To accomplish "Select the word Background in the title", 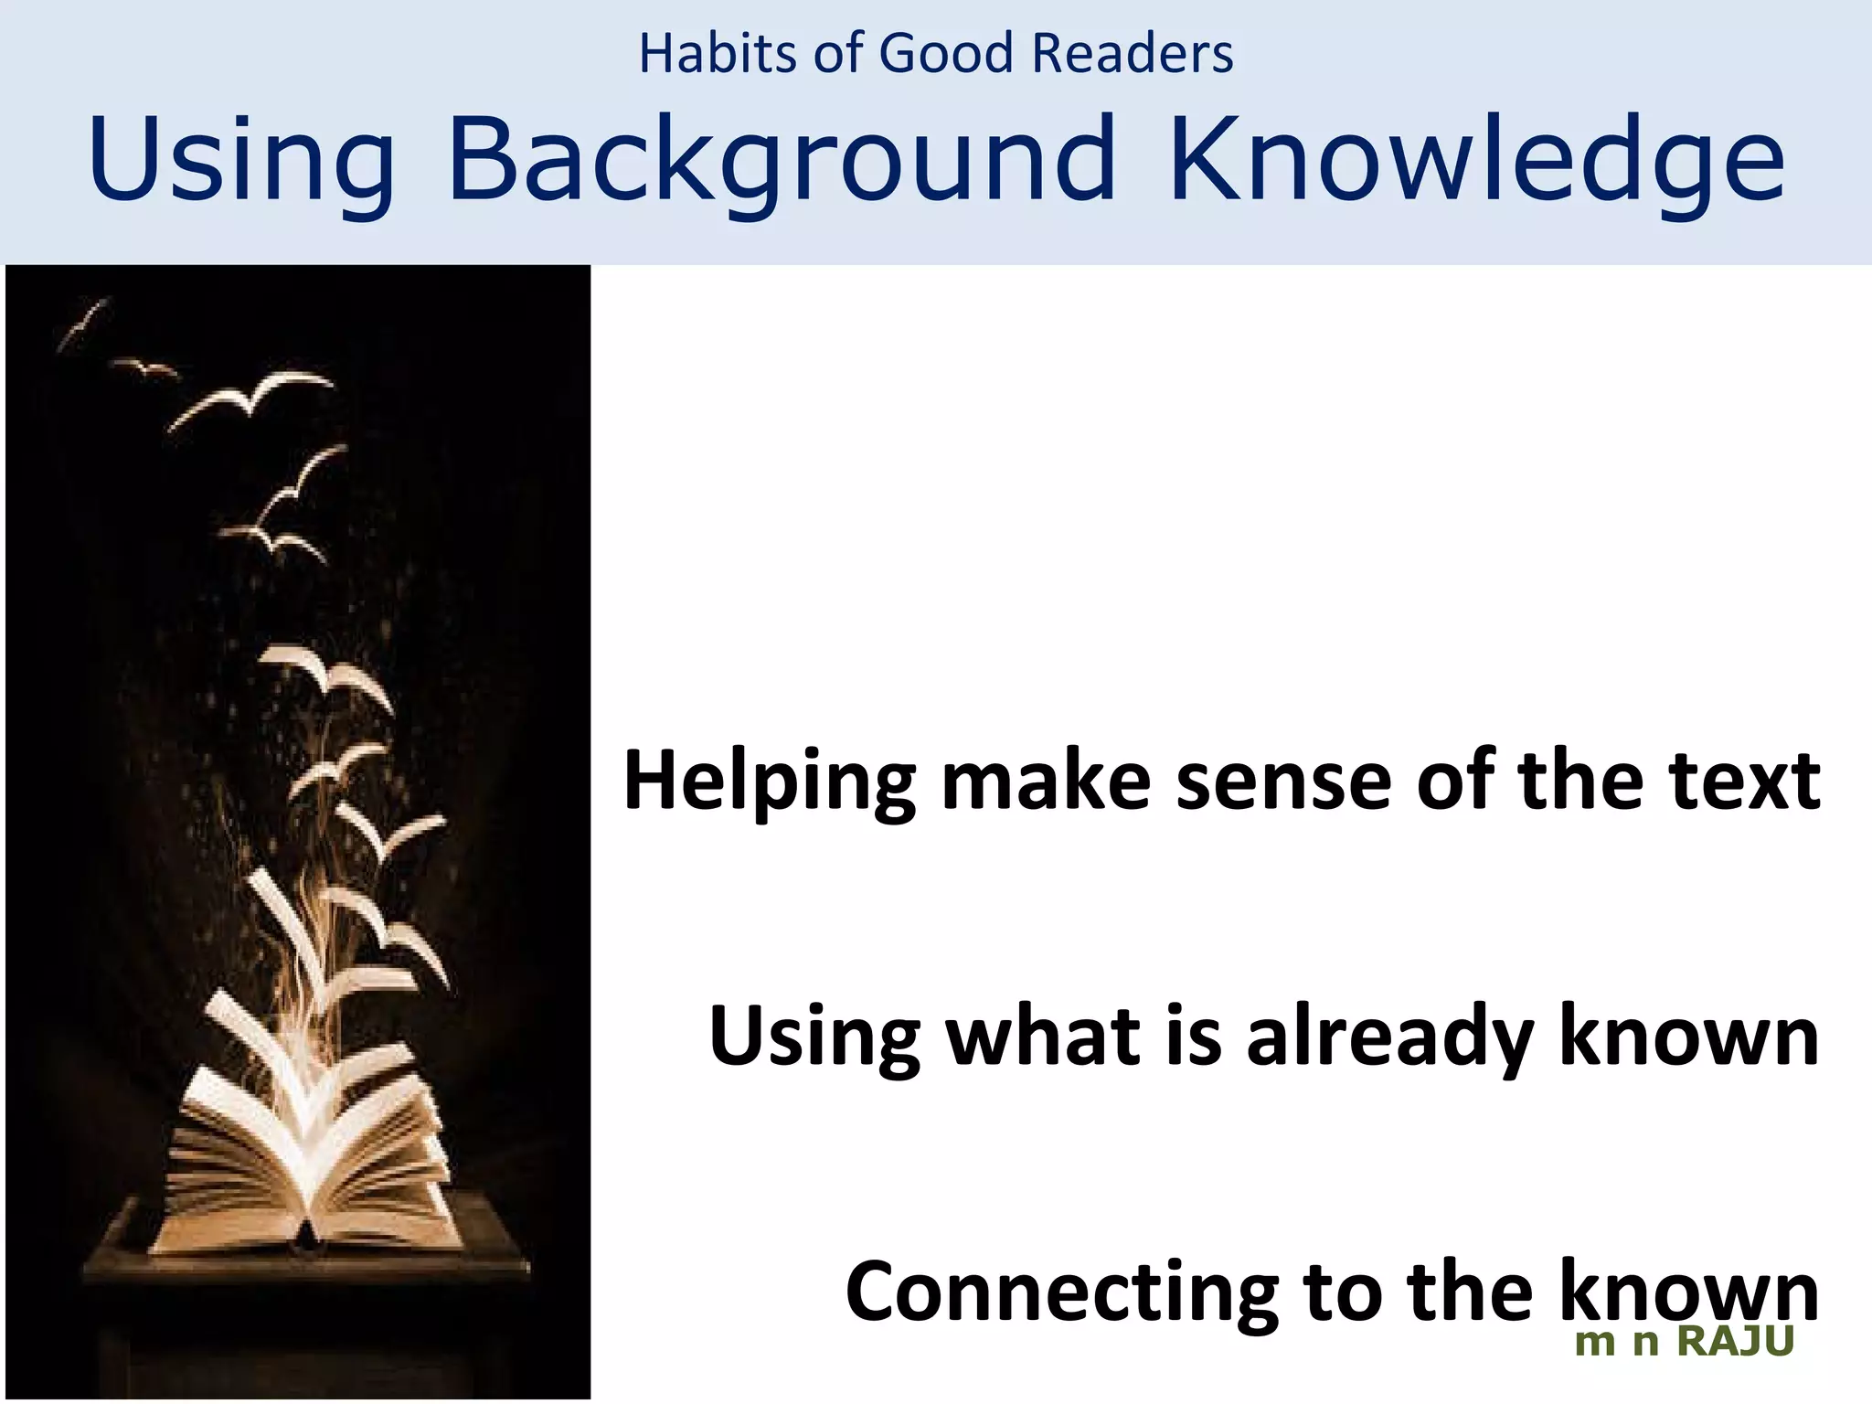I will pos(782,160).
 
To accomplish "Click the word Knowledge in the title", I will pos(1475,160).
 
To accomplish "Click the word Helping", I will pos(769,782).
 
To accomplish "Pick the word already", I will pos(1388,1037).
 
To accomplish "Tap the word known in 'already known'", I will pos(1688,1037).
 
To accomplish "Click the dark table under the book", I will pos(302,1298).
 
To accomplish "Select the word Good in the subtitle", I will pos(946,53).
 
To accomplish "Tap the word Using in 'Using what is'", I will pos(814,1037).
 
